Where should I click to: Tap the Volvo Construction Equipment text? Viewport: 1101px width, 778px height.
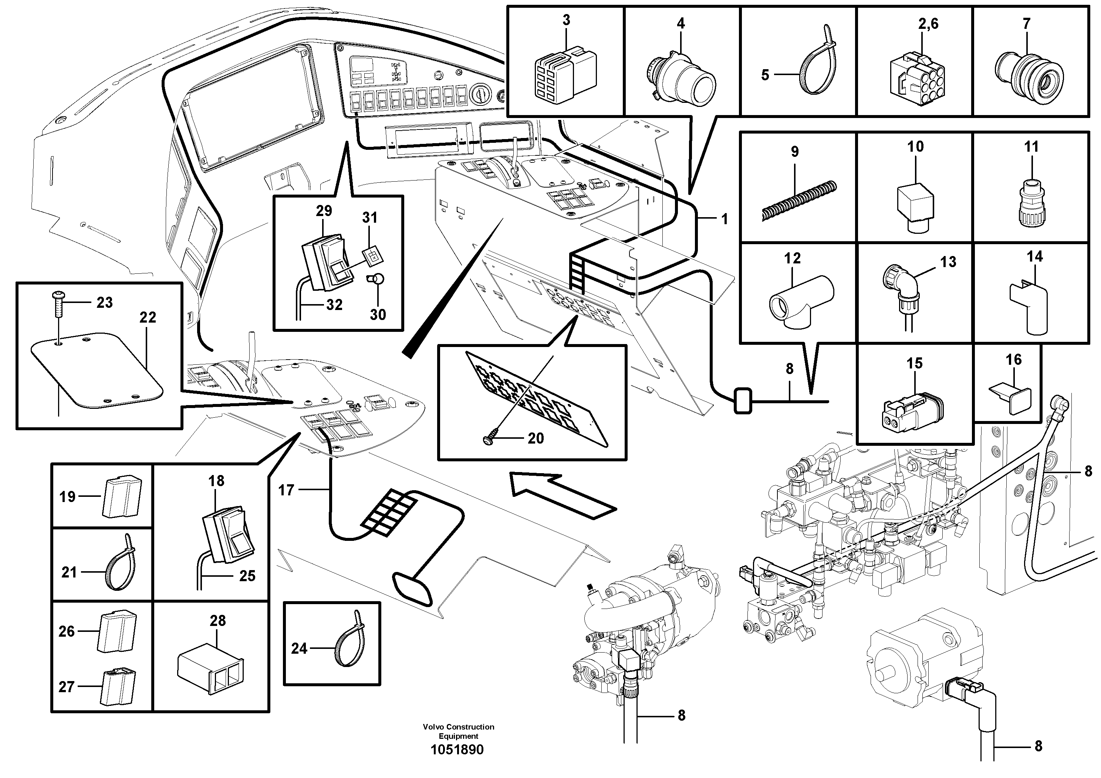[459, 731]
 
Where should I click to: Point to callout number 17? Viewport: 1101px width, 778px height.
[286, 490]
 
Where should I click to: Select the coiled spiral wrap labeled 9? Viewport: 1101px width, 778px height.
[799, 201]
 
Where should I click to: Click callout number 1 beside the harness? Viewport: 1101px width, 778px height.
[725, 219]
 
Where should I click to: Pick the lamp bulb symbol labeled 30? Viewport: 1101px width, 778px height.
[377, 280]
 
